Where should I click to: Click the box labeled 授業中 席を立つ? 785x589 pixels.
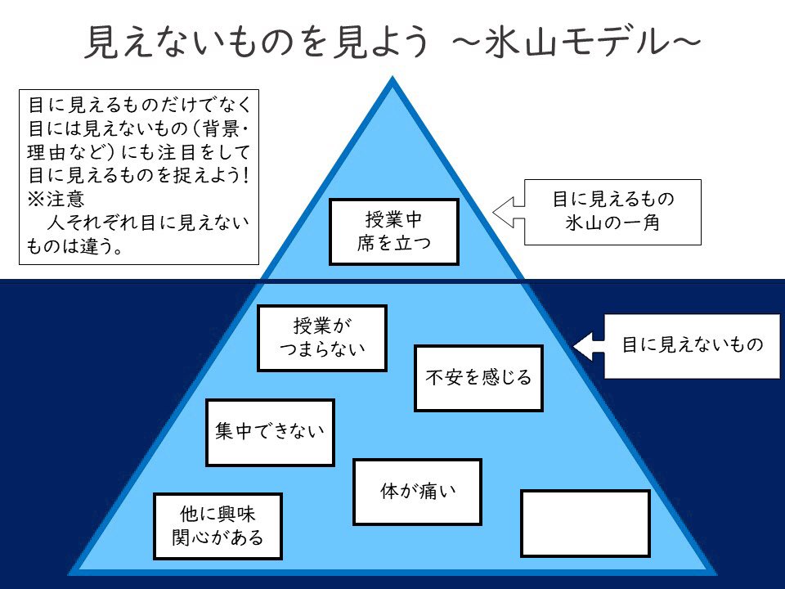click(393, 232)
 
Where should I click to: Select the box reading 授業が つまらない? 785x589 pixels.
click(322, 338)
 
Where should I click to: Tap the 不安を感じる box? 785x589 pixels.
click(478, 378)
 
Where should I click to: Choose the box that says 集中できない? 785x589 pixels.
click(270, 432)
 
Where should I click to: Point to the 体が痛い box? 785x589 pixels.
click(417, 492)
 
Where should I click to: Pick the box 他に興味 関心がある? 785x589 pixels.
click(218, 526)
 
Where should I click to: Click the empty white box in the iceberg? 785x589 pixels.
click(585, 523)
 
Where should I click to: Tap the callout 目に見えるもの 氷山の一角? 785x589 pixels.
click(612, 212)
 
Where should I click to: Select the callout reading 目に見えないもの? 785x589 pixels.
click(692, 345)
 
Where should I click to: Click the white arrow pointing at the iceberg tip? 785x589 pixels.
click(511, 212)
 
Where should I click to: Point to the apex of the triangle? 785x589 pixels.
click(393, 82)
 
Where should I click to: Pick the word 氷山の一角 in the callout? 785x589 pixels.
click(612, 223)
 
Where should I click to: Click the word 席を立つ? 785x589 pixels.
click(393, 243)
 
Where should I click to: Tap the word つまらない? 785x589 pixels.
click(322, 349)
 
